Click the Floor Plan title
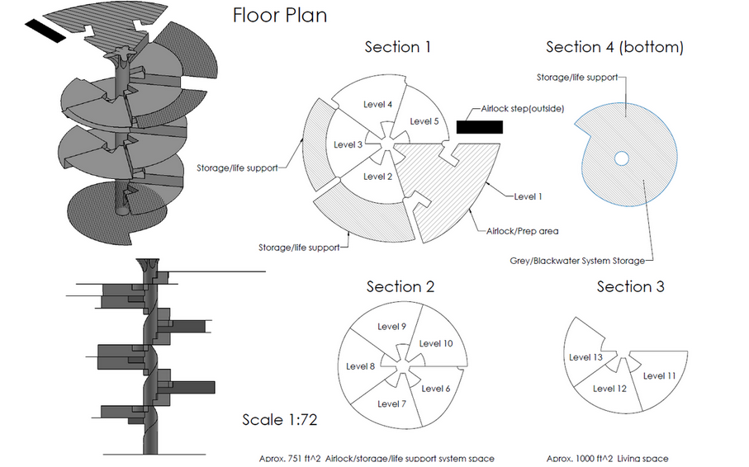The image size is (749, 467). pos(280,16)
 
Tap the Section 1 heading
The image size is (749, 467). pos(398,47)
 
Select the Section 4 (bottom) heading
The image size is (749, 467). pos(614,47)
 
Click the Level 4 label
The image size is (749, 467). pos(378,104)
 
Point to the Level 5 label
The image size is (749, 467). pos(424,121)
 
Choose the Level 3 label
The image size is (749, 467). pos(348,144)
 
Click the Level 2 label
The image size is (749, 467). pos(378,177)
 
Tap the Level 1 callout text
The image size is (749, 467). pos(528,196)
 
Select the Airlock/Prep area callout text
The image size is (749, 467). pos(522,231)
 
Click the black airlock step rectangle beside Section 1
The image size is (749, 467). pos(480,127)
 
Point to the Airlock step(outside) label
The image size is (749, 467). pos(522,109)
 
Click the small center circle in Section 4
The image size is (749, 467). pos(622,158)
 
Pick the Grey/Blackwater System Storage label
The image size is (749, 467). pos(577,261)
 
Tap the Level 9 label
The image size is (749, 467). pos(391,327)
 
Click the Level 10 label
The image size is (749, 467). pos(436,343)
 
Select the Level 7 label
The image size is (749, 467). pos(391,404)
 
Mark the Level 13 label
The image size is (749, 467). pos(585,357)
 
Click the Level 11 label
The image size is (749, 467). pos(659,375)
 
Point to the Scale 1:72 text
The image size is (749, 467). pos(279,420)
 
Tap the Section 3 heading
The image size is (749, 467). pos(630,286)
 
